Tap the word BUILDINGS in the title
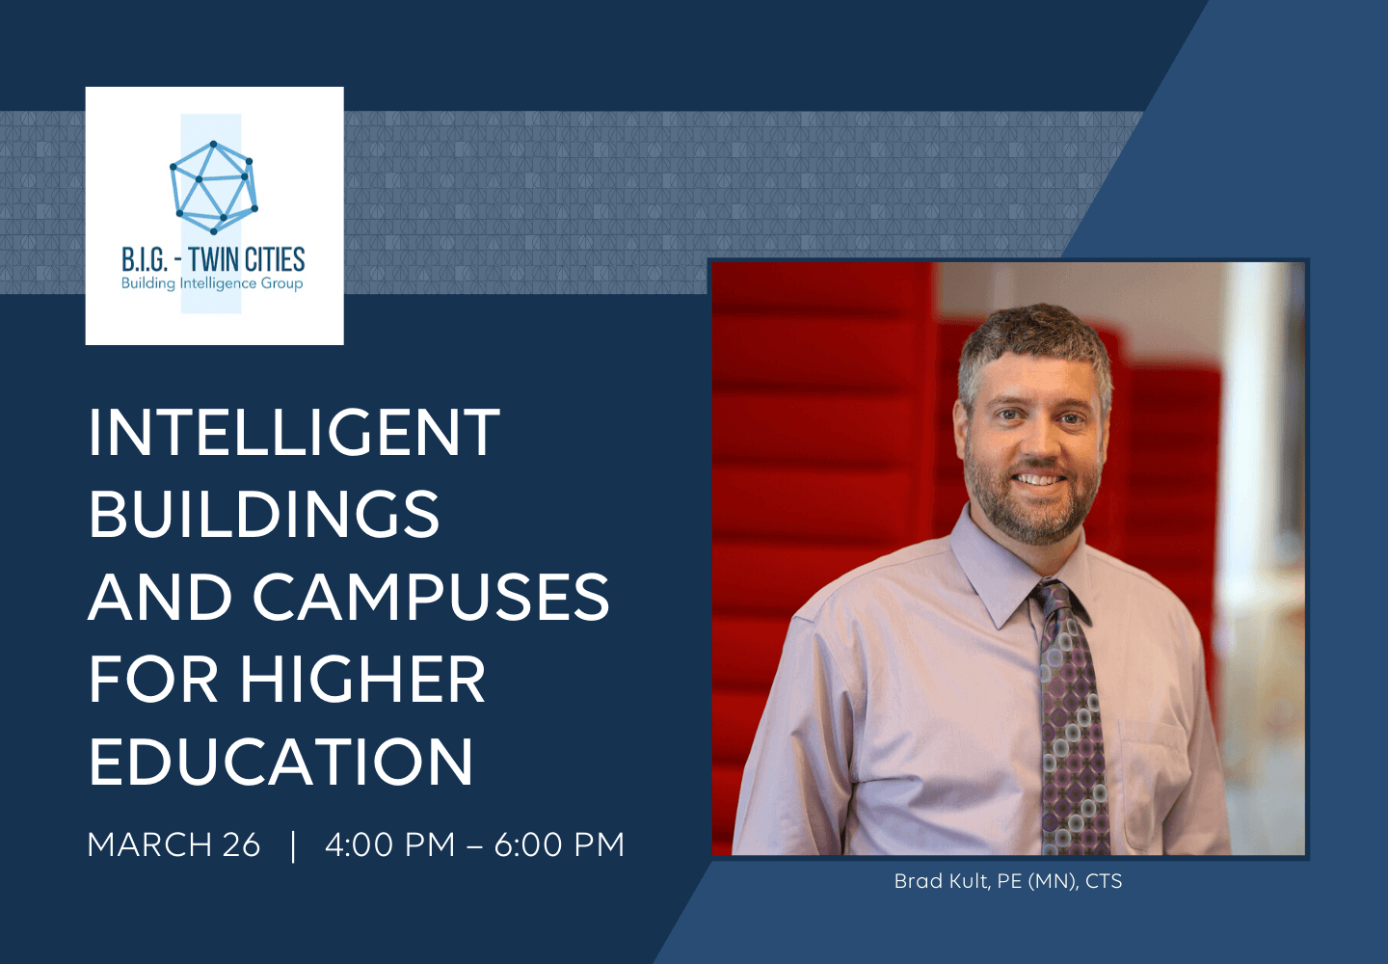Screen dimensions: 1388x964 pos(264,514)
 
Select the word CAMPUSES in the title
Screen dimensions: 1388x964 pos(431,596)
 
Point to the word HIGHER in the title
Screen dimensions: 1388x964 pos(362,679)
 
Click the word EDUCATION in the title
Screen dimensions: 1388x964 pos(281,761)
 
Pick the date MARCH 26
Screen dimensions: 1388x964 pos(173,844)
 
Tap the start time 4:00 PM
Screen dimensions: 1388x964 pos(389,844)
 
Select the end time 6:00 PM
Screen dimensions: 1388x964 pos(559,844)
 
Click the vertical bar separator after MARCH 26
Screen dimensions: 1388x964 pos(293,845)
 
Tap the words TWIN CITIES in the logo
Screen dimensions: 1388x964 pos(247,259)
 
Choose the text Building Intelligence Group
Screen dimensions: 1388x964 pos(212,283)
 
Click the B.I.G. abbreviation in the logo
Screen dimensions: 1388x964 pos(145,260)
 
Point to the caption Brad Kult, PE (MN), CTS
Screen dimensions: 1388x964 pos(1008,881)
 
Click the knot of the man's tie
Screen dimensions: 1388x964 pos(1054,598)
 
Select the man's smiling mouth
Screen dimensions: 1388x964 pos(1039,479)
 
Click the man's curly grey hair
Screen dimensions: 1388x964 pos(1035,344)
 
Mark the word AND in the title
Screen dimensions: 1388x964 pos(160,596)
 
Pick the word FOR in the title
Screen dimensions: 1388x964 pos(153,679)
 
